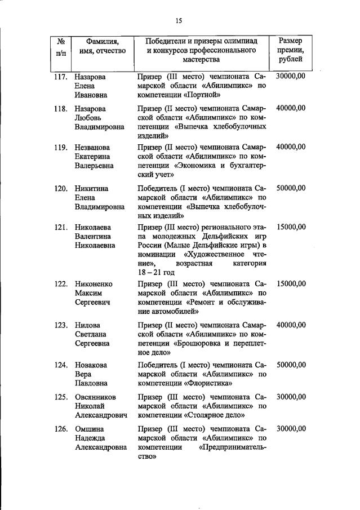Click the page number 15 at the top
(x=179, y=21)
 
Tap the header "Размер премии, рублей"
(x=291, y=50)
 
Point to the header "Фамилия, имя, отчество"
(x=103, y=46)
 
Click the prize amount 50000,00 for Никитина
(x=291, y=188)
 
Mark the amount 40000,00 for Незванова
(x=291, y=147)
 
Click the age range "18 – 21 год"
(x=159, y=272)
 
